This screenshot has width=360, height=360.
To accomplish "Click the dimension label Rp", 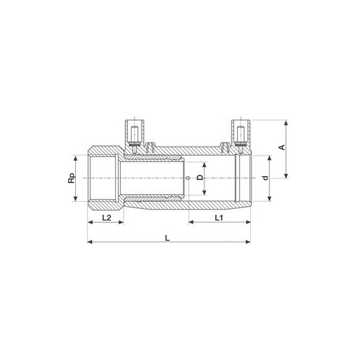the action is tap(71, 178).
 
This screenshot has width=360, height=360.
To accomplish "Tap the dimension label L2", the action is tap(107, 218).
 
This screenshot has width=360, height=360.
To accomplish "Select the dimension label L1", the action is tap(219, 218).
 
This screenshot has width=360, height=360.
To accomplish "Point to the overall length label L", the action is tap(167, 238).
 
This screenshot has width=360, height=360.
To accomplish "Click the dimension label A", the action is tap(282, 147).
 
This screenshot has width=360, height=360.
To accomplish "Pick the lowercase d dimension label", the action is tap(265, 178).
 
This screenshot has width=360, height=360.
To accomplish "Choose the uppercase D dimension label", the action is tap(200, 177).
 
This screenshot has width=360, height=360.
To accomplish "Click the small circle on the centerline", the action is tap(188, 178).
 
